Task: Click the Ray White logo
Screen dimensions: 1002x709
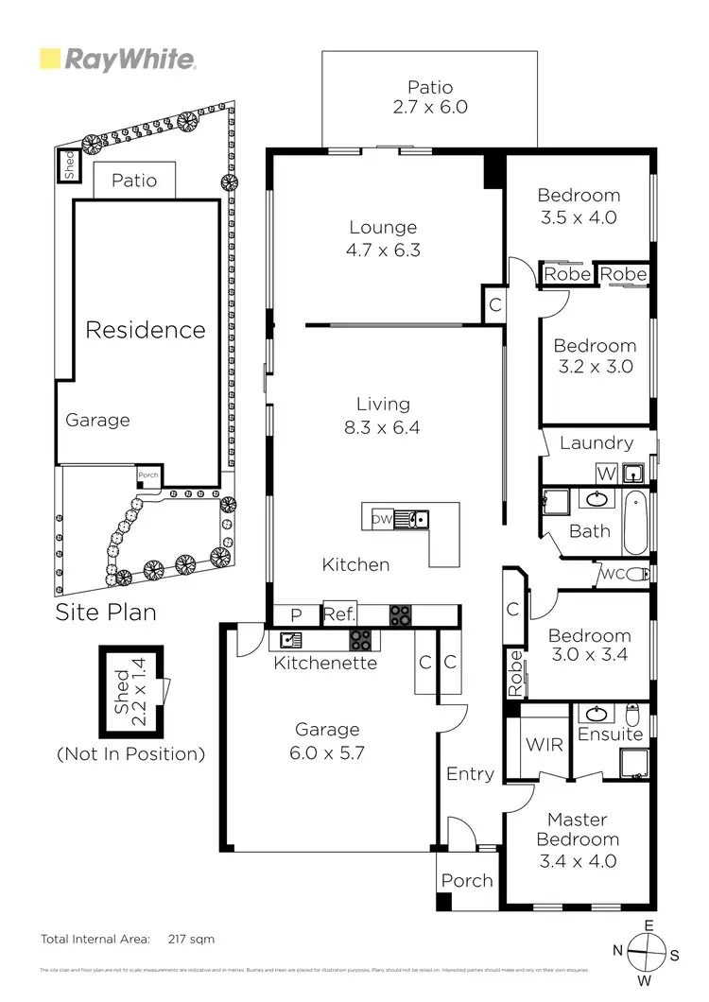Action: (117, 60)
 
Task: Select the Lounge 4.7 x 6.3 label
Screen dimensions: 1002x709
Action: (383, 239)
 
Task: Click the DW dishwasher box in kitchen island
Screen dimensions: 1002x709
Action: (381, 519)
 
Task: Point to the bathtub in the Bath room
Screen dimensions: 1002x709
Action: (638, 523)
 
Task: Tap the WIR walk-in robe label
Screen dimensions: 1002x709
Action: (544, 745)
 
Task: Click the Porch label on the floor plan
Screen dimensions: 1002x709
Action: (467, 881)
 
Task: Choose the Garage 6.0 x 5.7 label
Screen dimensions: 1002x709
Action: (327, 740)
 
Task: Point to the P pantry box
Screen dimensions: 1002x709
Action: (295, 615)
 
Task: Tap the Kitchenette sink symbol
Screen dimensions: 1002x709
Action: (286, 640)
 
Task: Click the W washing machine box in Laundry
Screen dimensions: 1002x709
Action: (605, 472)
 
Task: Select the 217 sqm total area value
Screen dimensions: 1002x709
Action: (190, 940)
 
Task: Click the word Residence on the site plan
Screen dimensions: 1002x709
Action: (146, 330)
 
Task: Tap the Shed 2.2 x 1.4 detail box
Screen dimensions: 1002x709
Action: (131, 692)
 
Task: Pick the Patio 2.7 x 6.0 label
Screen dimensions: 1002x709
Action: (430, 96)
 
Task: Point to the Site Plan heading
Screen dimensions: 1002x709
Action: (105, 612)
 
